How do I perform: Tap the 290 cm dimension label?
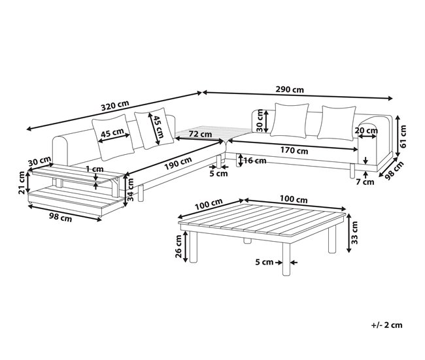(290, 90)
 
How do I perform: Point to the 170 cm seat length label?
(294, 150)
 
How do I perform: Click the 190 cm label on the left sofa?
(177, 164)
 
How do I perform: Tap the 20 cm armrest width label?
(365, 130)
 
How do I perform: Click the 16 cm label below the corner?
(254, 160)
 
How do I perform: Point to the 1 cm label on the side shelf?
(95, 169)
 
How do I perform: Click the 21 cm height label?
(22, 182)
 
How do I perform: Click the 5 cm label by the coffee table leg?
(263, 262)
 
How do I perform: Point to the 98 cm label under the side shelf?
(60, 218)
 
